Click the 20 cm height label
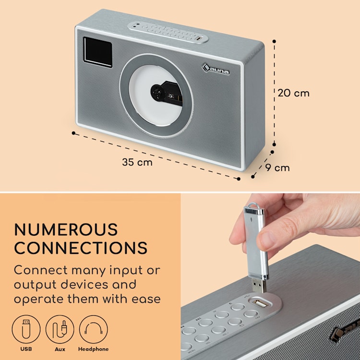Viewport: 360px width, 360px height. [x=294, y=93]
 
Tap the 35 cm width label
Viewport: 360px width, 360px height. [x=137, y=162]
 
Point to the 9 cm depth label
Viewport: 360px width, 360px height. [x=277, y=168]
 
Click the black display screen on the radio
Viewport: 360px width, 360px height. [x=98, y=52]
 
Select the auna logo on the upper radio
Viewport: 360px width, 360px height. [x=216, y=69]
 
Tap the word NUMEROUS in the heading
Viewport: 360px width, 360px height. [x=66, y=229]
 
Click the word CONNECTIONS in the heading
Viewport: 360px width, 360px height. [x=81, y=248]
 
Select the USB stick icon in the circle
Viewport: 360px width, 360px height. [x=26, y=329]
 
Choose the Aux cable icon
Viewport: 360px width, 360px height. [x=60, y=329]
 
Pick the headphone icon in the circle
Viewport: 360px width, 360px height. [x=94, y=329]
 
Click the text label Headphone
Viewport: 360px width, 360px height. [x=93, y=349]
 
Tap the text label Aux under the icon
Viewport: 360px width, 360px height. [x=60, y=349]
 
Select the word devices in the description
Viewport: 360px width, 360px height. [x=84, y=285]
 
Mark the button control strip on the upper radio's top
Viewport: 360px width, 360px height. [x=168, y=32]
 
